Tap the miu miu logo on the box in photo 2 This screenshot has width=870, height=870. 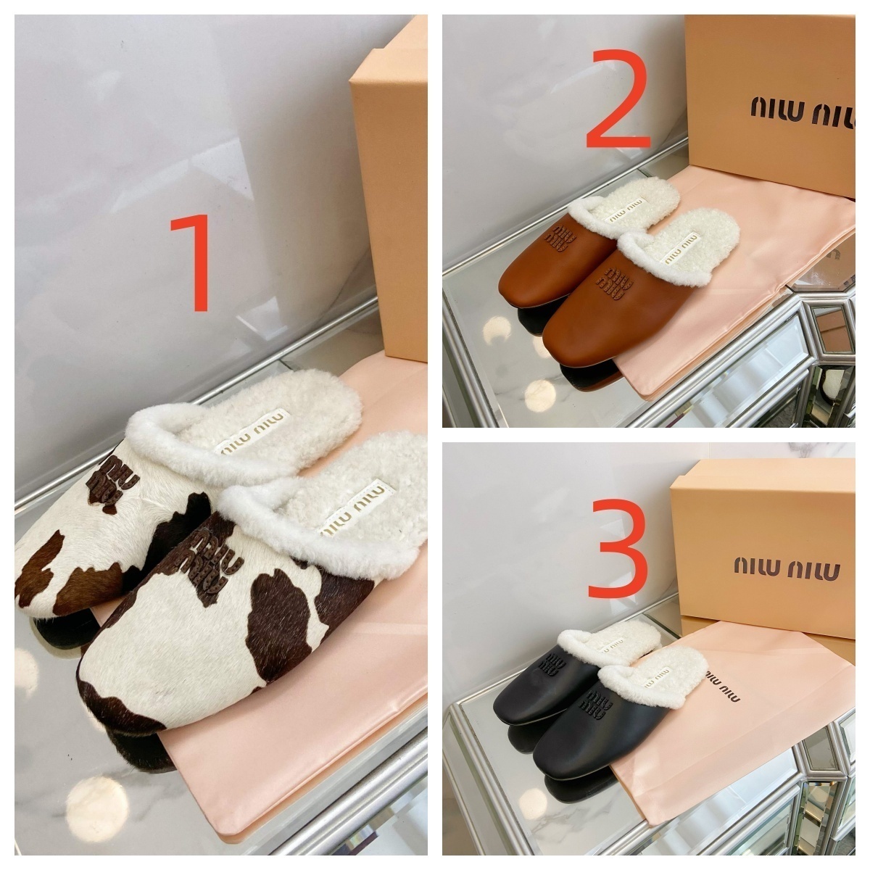click(x=803, y=111)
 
